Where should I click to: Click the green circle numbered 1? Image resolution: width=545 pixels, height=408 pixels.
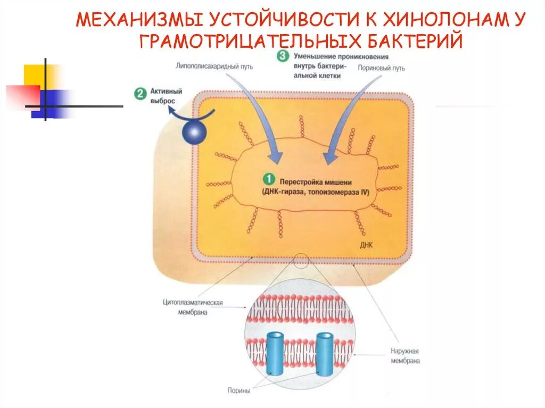pyautogui.click(x=269, y=179)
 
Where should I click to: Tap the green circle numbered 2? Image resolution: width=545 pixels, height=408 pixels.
pyautogui.click(x=139, y=94)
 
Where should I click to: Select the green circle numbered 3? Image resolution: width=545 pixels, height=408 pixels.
pyautogui.click(x=283, y=55)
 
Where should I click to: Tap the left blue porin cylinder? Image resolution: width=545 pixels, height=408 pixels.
pyautogui.click(x=276, y=354)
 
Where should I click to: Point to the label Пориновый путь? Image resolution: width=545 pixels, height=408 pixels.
pyautogui.click(x=382, y=68)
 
